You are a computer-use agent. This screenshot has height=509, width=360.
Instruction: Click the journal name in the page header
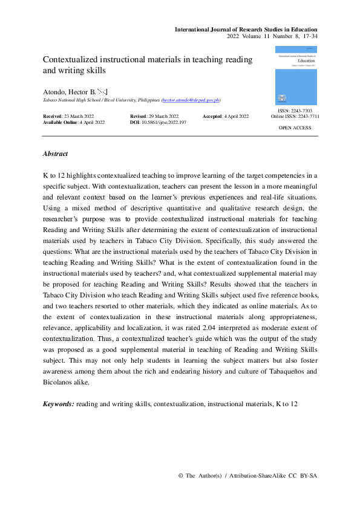click(x=246, y=29)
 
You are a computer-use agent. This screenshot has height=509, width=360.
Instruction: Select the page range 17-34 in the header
click(x=307, y=37)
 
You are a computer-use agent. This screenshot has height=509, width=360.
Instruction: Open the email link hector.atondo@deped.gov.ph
click(x=190, y=100)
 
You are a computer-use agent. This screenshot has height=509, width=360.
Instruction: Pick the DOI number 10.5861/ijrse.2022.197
click(x=165, y=122)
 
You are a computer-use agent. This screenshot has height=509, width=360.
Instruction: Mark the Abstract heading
click(x=55, y=154)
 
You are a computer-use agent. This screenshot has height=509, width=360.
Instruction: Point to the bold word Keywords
click(x=58, y=403)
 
